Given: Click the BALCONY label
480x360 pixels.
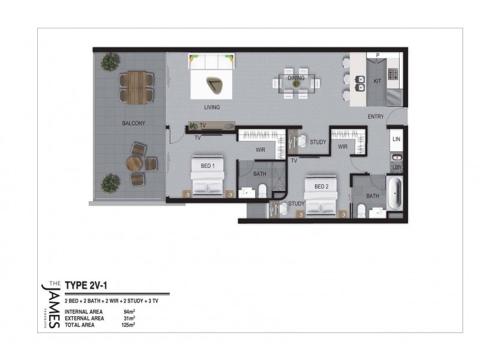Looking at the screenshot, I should click(x=134, y=123).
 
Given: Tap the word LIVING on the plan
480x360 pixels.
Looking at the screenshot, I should click(x=211, y=107).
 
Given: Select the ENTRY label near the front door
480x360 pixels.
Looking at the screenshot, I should click(x=376, y=117).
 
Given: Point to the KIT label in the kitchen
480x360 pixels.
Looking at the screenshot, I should click(x=377, y=80).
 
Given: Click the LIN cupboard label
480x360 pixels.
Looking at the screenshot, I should click(x=396, y=139).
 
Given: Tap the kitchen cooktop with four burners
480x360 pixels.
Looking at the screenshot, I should click(x=394, y=75).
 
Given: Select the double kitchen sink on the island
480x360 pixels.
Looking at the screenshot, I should click(x=362, y=82).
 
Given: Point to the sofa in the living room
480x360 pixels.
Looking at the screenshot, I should click(x=211, y=61).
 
